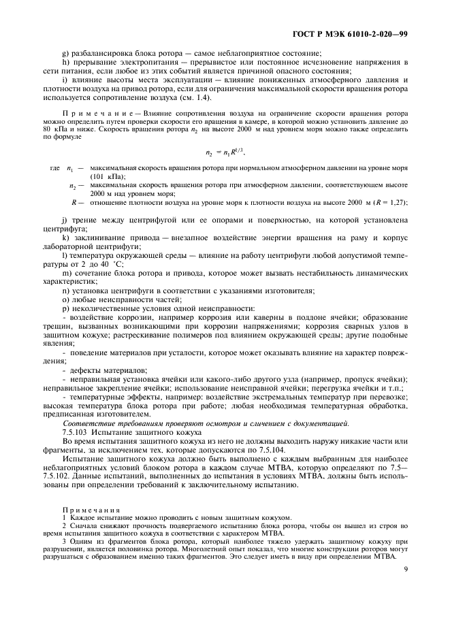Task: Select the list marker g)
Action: (65, 53)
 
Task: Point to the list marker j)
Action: (65, 220)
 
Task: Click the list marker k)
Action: (65, 237)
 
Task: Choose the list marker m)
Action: (67, 273)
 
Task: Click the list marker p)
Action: (65, 308)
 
